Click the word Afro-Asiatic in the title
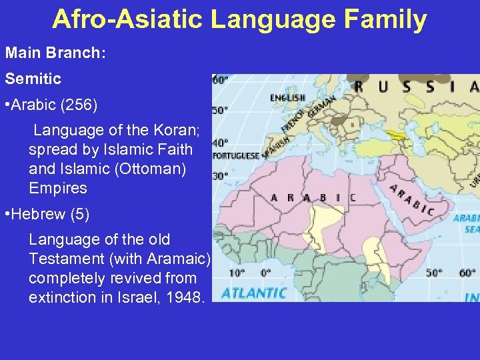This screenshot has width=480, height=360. coord(127,19)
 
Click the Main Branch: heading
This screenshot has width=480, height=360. coord(55,52)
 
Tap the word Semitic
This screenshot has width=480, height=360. coord(33,79)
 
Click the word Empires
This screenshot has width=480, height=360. coord(58,188)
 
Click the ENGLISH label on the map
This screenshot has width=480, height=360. coord(287,98)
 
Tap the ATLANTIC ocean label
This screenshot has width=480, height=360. coord(254,293)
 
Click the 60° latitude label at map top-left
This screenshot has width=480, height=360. coord(219,80)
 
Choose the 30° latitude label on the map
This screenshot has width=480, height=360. coord(219,176)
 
